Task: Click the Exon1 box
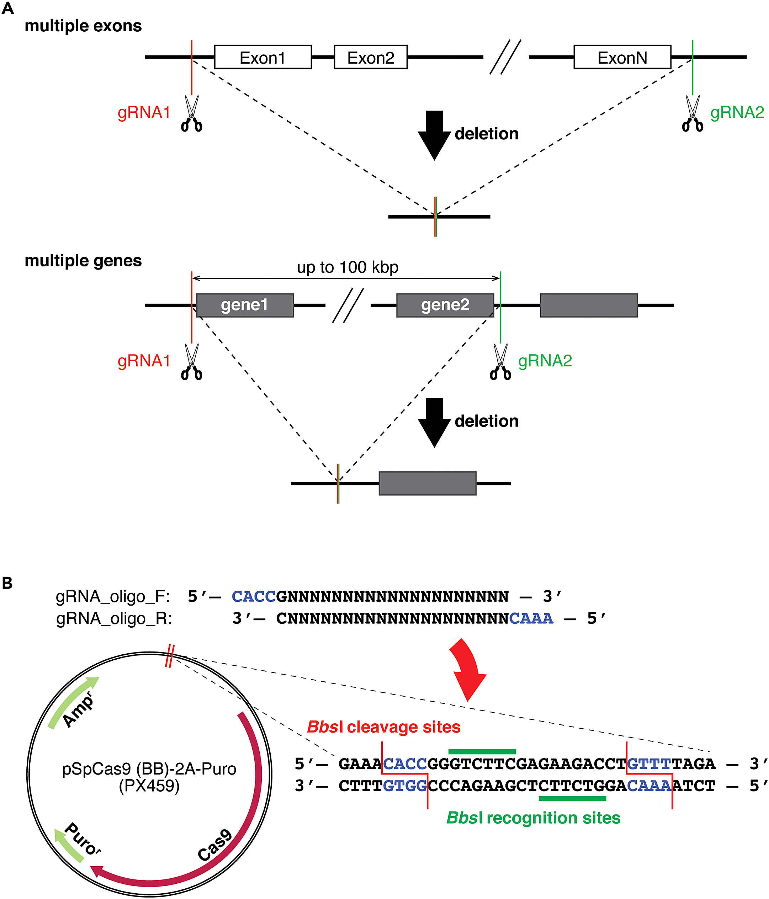coord(262,57)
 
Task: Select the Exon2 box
coord(370,57)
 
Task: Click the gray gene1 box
coord(245,305)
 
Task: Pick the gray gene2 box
coord(445,305)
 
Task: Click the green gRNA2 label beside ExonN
coord(736,113)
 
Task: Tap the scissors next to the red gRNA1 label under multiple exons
coord(191,114)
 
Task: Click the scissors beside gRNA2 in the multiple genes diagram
coord(500,362)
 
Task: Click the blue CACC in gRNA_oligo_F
coord(254,597)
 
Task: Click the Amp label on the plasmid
coord(78,710)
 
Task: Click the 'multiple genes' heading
coord(83,261)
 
